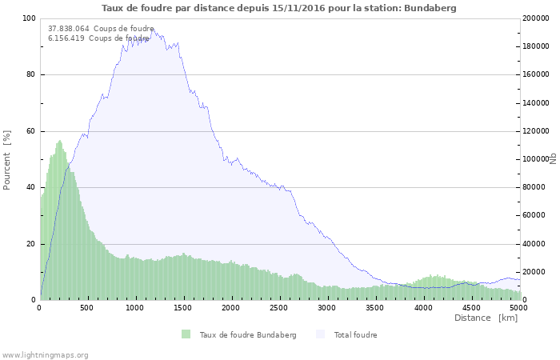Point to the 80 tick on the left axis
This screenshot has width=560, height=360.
coord(31,75)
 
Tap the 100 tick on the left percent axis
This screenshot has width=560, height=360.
coord(29,18)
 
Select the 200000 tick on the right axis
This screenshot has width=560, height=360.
coord(535,18)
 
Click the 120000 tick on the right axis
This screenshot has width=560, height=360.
coord(535,131)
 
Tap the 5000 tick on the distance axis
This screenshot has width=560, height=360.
coord(518,307)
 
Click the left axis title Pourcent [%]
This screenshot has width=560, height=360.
coord(8,160)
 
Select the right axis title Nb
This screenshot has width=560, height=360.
coord(553,158)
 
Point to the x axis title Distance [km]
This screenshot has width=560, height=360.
coord(486,318)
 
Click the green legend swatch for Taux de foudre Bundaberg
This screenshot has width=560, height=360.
coord(186,334)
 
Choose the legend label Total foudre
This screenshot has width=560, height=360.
coord(355,335)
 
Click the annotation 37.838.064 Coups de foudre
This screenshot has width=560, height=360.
coord(101,29)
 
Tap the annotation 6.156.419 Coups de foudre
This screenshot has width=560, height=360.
coord(98,38)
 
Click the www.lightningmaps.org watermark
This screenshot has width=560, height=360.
coord(45,355)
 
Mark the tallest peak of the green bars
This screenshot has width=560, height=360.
coord(59,142)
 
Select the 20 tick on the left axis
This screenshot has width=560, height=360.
coord(31,244)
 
